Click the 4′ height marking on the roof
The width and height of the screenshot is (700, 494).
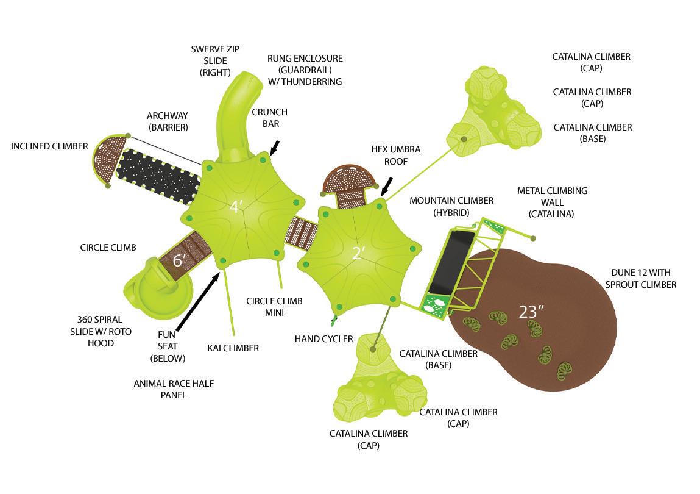coord(236,207)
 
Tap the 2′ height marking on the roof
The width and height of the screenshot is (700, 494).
coord(358,253)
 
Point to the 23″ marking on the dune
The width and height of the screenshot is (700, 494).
coord(531,312)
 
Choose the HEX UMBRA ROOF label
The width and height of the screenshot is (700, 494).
coord(395,155)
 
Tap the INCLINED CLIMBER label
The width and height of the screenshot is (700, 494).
coord(49,146)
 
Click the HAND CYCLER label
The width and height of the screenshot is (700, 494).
coord(323,338)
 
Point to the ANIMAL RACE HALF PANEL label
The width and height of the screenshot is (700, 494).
coord(174,389)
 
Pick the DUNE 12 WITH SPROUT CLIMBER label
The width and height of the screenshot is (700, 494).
coord(643,278)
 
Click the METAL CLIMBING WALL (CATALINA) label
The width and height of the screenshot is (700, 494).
coord(552,202)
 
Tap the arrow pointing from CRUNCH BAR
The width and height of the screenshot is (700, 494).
coord(275,148)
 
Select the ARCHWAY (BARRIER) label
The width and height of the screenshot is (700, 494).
coord(167,121)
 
